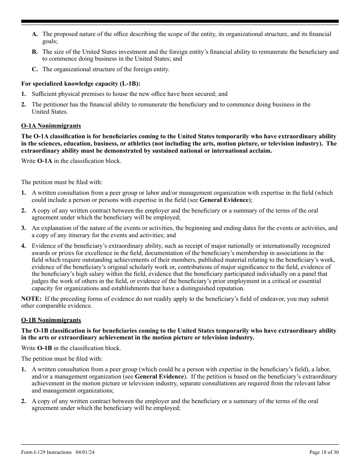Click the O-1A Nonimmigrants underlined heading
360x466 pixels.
pyautogui.click(x=51, y=126)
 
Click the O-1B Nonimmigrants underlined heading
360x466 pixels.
pyautogui.click(x=51, y=321)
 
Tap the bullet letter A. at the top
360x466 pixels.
pyautogui.click(x=35, y=34)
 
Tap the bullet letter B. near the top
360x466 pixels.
pyautogui.click(x=35, y=52)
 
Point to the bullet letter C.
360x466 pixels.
pyautogui.click(x=35, y=69)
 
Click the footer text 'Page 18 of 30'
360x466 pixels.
pyautogui.click(x=324, y=452)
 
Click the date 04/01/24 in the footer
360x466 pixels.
pyautogui.click(x=85, y=452)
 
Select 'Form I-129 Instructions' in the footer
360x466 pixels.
pyautogui.click(x=46, y=452)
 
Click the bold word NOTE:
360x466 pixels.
pyautogui.click(x=31, y=299)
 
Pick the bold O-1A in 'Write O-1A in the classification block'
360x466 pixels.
pyautogui.click(x=45, y=161)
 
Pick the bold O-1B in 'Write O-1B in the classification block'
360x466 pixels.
pyautogui.click(x=45, y=348)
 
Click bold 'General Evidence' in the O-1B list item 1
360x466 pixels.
pyautogui.click(x=159, y=377)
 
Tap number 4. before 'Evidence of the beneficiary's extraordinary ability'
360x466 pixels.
pyautogui.click(x=23, y=246)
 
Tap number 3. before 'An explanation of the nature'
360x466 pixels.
pyautogui.click(x=23, y=228)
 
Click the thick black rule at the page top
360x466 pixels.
pyautogui.click(x=180, y=22)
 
